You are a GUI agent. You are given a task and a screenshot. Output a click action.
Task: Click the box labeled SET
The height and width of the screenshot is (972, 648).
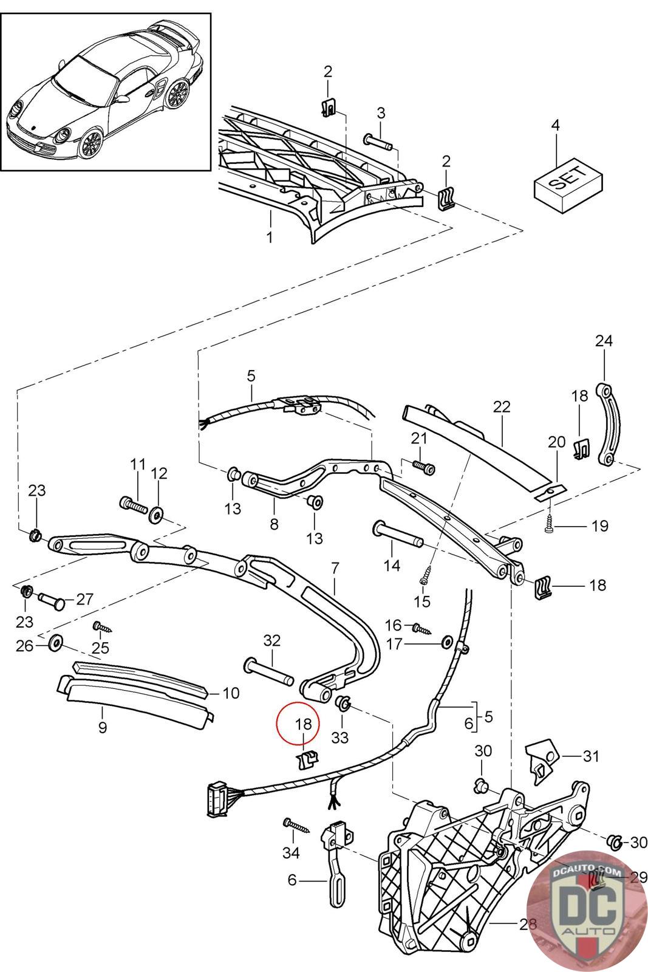tap(568, 185)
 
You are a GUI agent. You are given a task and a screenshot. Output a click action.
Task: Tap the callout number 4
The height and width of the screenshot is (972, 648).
tap(554, 125)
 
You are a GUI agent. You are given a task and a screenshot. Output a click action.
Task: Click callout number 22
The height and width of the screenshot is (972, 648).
tap(502, 406)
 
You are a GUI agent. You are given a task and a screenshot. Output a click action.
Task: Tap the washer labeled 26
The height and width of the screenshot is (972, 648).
tap(55, 644)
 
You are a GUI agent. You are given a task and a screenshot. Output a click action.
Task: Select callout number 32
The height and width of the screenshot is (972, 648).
tap(272, 640)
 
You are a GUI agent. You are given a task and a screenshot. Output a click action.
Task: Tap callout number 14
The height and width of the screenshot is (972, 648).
tap(392, 566)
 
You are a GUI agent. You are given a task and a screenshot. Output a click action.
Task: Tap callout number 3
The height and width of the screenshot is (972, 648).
tap(381, 113)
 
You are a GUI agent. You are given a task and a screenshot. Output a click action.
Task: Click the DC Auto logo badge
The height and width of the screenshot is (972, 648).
tap(587, 911)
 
